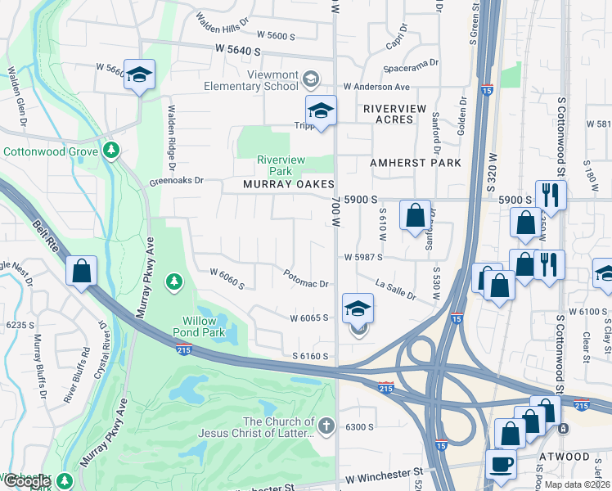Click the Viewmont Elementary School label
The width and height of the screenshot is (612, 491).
[x=261, y=80]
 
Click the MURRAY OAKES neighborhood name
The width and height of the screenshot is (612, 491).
[x=289, y=185]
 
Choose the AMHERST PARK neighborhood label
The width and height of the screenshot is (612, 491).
[x=416, y=163]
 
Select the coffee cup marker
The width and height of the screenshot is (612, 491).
[x=501, y=464]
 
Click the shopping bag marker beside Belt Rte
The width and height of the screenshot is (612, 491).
[x=82, y=272]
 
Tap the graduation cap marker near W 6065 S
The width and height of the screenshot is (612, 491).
[x=358, y=309]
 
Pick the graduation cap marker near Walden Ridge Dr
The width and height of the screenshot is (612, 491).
[x=140, y=74]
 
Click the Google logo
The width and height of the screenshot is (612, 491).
[x=26, y=481]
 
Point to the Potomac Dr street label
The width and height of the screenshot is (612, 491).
[x=306, y=279]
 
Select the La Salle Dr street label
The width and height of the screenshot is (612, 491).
[x=395, y=289]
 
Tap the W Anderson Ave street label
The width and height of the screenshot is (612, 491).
[x=376, y=87]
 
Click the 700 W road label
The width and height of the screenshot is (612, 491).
[x=336, y=214]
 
